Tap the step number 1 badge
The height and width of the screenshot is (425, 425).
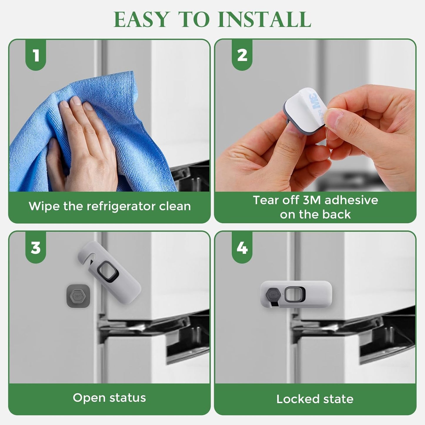click(36, 55)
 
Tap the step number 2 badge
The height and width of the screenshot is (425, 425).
click(242, 55)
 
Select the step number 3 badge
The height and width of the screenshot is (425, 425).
click(36, 248)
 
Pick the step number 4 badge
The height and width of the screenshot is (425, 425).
click(242, 248)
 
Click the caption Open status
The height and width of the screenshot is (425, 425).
click(109, 398)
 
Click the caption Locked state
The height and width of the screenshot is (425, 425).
click(315, 399)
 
